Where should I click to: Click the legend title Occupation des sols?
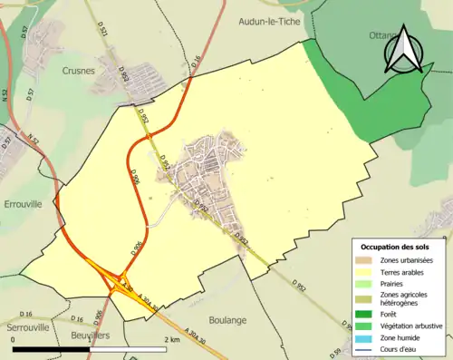click(x=396, y=247)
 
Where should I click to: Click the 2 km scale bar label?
click(x=172, y=340)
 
